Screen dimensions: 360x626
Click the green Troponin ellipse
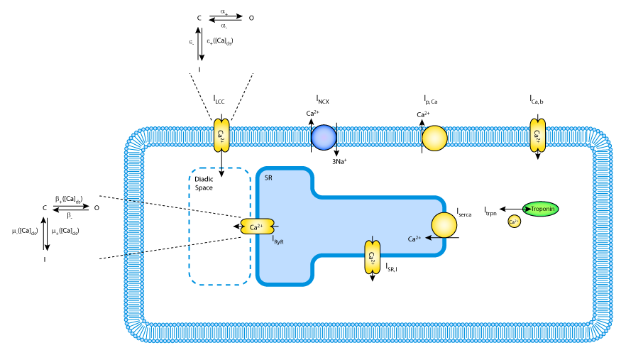(x=542, y=209)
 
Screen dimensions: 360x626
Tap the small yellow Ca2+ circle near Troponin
(x=514, y=222)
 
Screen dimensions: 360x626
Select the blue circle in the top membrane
(x=324, y=137)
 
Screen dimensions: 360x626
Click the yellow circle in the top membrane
(x=434, y=138)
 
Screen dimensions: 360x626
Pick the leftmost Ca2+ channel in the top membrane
(x=221, y=135)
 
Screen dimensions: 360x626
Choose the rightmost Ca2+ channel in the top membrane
(x=538, y=135)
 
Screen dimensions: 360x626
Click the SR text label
(x=268, y=178)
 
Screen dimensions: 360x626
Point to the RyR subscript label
(x=279, y=242)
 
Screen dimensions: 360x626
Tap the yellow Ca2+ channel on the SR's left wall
(x=257, y=227)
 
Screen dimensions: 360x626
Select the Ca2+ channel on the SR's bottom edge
(x=372, y=257)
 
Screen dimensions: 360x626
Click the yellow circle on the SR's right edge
(x=444, y=224)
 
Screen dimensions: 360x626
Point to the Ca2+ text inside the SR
(x=414, y=239)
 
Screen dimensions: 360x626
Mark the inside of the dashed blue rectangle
(x=219, y=227)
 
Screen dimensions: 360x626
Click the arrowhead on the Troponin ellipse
(x=527, y=209)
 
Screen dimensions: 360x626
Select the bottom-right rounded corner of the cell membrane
(x=600, y=329)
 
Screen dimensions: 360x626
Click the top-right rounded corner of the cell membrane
(x=600, y=140)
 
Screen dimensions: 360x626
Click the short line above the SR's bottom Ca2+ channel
(x=372, y=239)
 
